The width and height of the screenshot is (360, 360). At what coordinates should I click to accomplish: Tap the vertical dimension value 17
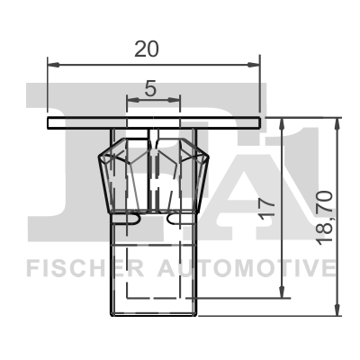pos(267,209)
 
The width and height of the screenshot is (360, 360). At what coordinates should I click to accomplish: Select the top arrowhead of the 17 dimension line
pos(284,124)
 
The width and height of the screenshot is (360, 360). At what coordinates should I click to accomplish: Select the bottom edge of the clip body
pos(153,314)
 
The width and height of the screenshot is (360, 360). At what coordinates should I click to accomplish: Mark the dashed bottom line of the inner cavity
pos(153,298)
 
